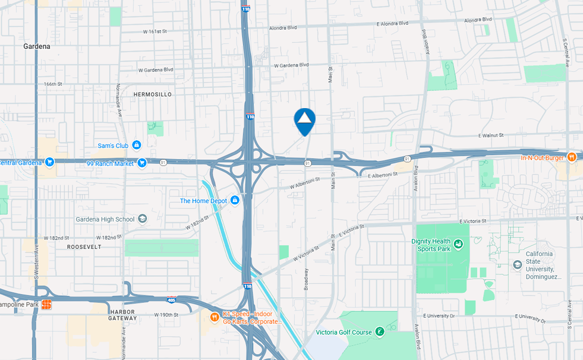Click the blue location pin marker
304,121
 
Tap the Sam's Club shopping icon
137,145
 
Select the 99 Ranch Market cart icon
141,163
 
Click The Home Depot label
204,201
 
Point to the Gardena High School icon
142,219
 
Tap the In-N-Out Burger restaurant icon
571,157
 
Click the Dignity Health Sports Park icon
458,244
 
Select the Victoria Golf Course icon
379,332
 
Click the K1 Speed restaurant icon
214,317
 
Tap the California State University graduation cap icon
517,265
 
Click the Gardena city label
37,46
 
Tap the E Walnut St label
491,136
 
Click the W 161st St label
157,31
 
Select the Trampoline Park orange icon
46,304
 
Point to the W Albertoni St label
305,183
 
